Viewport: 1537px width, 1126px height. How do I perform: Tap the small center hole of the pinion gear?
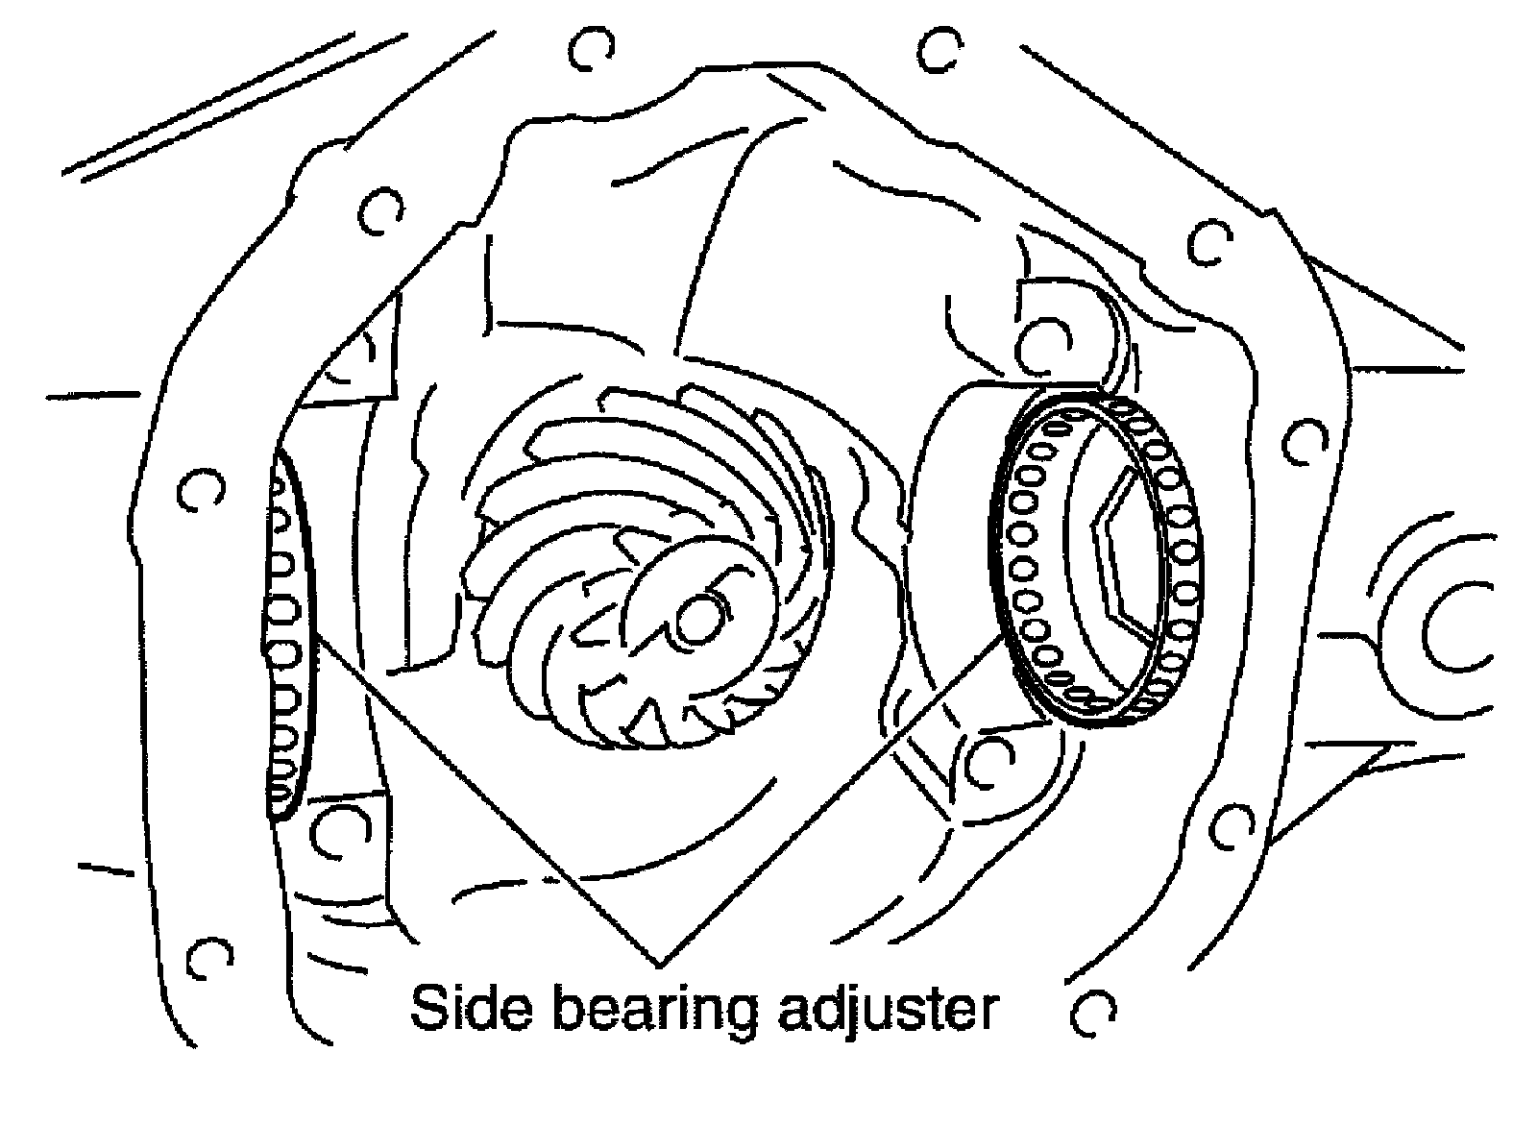point(697,620)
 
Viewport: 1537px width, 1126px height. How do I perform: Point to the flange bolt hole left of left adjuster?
point(199,490)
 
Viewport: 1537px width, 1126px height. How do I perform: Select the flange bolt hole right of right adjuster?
point(1303,437)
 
